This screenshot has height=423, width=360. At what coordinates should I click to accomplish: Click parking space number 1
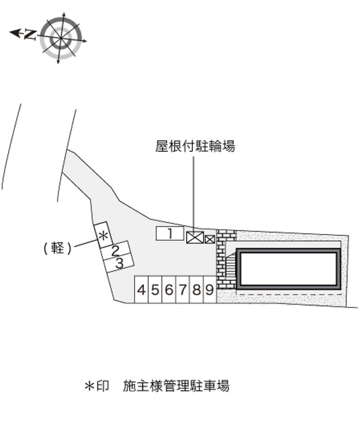point(170,233)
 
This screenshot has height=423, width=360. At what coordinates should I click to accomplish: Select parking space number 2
point(116,250)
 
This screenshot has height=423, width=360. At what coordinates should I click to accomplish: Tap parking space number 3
point(119,263)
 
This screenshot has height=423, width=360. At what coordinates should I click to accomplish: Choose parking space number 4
point(141,290)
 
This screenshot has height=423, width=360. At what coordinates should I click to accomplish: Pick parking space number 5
point(155,290)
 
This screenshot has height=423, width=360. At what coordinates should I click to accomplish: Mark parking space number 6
point(169,290)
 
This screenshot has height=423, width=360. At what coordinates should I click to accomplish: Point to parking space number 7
point(182,290)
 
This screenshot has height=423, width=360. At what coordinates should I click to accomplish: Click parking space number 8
point(196,290)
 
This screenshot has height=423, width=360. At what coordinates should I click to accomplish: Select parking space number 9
point(210,290)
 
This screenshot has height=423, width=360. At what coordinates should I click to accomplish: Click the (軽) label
point(58,248)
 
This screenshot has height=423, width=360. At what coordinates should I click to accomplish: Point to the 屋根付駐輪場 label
point(195,147)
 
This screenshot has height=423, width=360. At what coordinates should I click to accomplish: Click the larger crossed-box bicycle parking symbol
point(195,237)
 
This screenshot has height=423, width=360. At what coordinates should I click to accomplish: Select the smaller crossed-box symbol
point(210,239)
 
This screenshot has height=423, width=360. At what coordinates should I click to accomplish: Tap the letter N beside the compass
point(30,34)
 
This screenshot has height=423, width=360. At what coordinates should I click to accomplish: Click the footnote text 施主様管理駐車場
point(176,386)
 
